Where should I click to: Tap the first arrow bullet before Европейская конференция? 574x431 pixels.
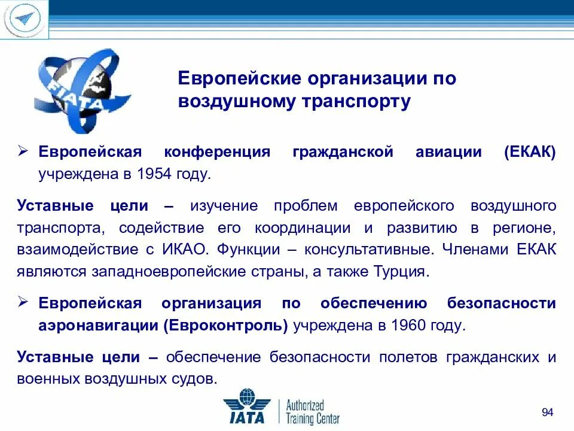point(24,151)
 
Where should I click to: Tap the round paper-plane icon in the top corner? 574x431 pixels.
point(23,19)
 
